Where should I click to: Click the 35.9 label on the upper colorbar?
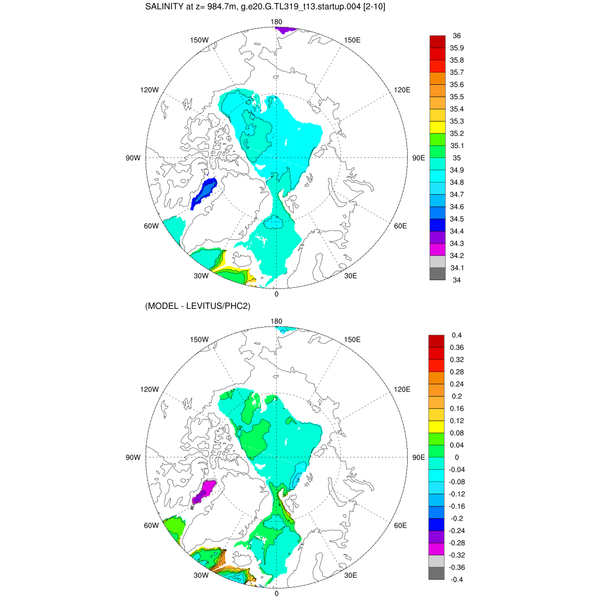(x=456, y=48)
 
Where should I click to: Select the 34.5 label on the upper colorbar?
(x=456, y=219)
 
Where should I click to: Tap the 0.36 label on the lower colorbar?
(x=456, y=347)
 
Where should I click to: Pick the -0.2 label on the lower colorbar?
(x=456, y=519)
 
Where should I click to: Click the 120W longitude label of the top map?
(x=149, y=90)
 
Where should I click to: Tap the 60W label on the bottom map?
(x=152, y=525)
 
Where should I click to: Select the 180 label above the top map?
(x=277, y=22)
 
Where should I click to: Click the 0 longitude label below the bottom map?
(x=277, y=593)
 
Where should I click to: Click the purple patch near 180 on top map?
(x=286, y=29)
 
